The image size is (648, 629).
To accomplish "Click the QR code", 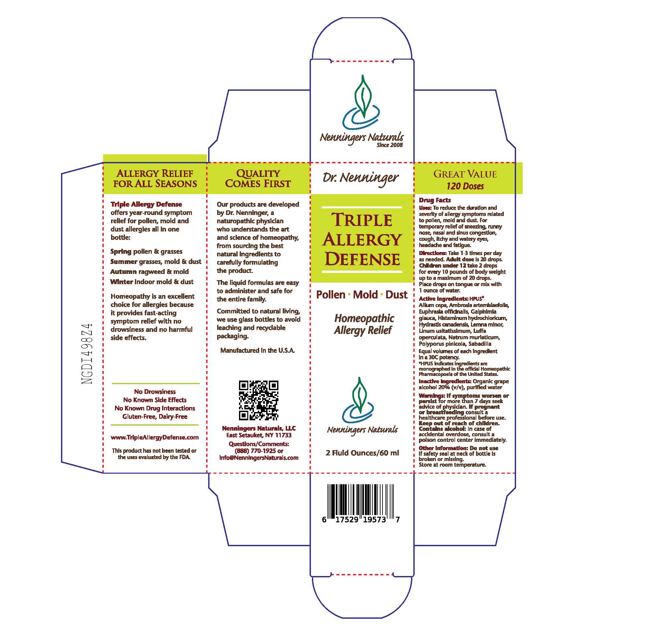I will (259, 400).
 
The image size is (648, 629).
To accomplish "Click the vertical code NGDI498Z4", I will (87, 353).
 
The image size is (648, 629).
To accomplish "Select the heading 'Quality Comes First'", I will (258, 179).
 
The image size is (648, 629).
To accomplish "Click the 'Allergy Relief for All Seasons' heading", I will (155, 179).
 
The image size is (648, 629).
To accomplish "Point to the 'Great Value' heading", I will (465, 174).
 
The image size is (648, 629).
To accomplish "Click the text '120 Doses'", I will (465, 186).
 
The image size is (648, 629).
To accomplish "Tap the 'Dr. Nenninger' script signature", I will (360, 178).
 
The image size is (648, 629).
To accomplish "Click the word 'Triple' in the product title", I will (362, 220).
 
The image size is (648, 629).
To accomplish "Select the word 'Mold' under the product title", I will (365, 294).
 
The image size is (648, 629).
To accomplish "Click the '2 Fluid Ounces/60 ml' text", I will (362, 453).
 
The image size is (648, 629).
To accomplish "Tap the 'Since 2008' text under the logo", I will (389, 145).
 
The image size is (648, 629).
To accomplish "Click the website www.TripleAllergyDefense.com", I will (155, 437).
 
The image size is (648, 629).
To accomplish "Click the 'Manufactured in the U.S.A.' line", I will (258, 350).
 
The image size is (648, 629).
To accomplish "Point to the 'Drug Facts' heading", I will (435, 200).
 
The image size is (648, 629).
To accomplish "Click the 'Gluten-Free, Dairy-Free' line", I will (155, 416).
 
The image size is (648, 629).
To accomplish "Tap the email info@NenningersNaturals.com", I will (259, 458).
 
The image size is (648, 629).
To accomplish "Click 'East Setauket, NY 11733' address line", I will (259, 435).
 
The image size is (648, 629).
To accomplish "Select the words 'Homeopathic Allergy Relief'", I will (364, 324).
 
